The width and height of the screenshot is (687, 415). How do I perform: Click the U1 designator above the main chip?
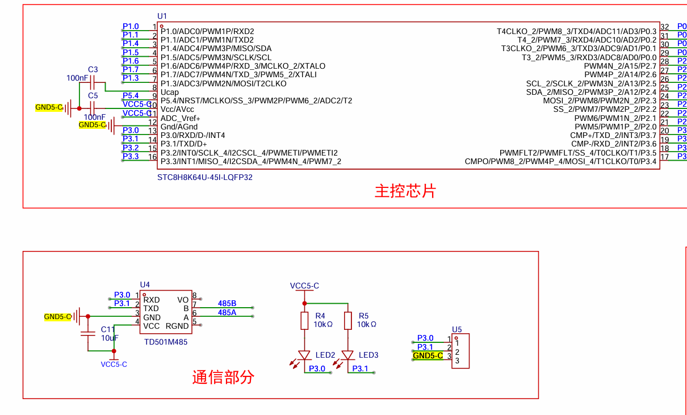click(x=162, y=16)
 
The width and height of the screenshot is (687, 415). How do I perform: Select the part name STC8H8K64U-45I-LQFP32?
click(x=205, y=177)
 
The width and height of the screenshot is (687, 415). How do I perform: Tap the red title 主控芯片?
click(x=405, y=191)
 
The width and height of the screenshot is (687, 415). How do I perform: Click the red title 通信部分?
click(x=223, y=377)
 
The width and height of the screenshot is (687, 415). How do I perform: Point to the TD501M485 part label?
click(x=166, y=342)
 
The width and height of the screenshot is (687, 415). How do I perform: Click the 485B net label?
click(x=227, y=304)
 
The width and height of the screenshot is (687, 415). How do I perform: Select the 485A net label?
click(x=227, y=312)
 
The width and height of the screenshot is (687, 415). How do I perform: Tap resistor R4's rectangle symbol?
click(x=304, y=321)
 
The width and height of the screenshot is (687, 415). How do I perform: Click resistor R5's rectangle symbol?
click(x=348, y=321)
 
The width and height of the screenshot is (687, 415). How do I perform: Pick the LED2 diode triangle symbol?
click(x=304, y=355)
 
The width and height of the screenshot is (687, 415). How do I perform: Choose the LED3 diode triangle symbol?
click(x=348, y=355)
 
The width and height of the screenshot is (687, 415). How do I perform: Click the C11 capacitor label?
click(x=108, y=329)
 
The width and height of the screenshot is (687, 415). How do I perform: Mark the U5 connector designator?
click(x=457, y=329)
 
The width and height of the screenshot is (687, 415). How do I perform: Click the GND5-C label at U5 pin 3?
click(x=428, y=356)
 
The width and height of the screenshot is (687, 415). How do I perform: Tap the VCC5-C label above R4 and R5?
click(x=304, y=286)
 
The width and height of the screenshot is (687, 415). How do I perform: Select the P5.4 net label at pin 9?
click(x=131, y=95)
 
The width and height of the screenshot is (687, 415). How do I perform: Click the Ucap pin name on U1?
click(x=170, y=92)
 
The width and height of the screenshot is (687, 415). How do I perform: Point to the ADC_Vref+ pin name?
click(x=180, y=118)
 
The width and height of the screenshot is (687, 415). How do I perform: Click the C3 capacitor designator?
click(x=93, y=69)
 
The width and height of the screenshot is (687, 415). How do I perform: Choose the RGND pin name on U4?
click(x=177, y=326)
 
